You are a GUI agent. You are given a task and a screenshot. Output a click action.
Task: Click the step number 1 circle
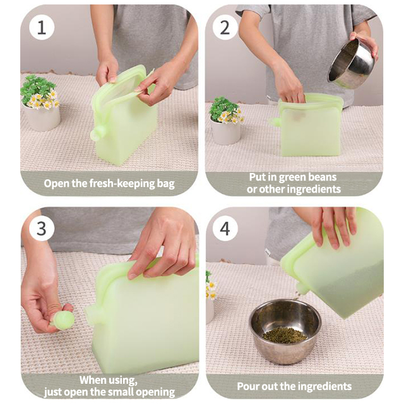point(42,27)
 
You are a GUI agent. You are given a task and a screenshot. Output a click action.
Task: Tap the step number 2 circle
point(225,27)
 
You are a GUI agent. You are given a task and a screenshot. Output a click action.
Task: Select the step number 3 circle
point(42,228)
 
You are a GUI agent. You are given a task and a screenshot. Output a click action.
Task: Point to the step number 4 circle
point(225,228)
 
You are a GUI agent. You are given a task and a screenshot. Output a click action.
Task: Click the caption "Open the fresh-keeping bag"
point(109,184)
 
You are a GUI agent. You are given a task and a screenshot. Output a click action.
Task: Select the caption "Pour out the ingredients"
point(294,386)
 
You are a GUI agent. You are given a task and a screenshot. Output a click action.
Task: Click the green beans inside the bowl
point(285,334)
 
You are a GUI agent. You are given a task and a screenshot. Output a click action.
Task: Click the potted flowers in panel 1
point(40,101)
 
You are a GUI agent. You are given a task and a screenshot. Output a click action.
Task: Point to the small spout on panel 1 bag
point(98,133)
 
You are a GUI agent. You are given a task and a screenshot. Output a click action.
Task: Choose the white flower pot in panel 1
point(43,117)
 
